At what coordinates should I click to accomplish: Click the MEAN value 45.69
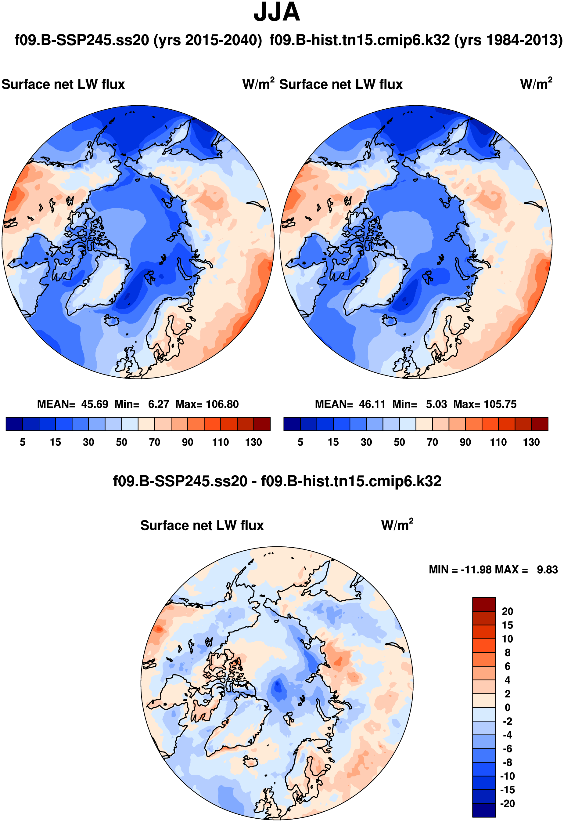94,404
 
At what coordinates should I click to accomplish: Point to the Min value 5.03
436,404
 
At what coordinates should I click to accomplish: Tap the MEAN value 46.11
372,404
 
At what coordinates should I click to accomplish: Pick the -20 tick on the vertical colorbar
508,804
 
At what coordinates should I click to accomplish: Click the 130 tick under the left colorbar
253,442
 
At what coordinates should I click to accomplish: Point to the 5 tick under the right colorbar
300,442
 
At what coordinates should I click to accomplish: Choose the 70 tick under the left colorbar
154,442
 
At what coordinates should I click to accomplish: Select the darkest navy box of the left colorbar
14,424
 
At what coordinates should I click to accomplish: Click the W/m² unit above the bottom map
397,525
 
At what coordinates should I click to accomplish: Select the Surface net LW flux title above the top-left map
63,85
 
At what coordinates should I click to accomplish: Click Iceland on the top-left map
112,321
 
